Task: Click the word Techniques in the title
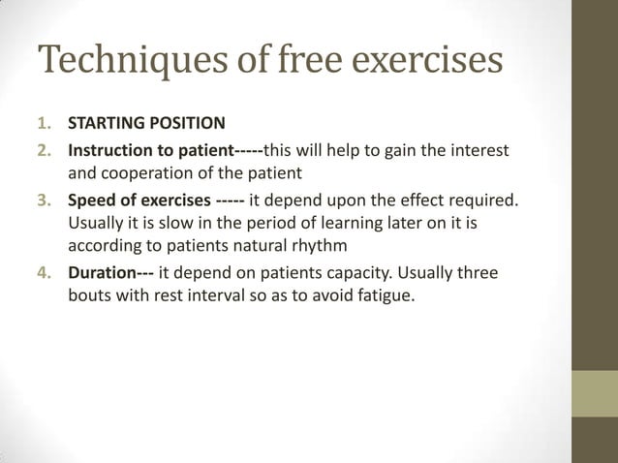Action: [122, 60]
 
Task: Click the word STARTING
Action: [104, 124]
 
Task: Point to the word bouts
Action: [89, 296]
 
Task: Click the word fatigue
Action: [384, 296]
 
